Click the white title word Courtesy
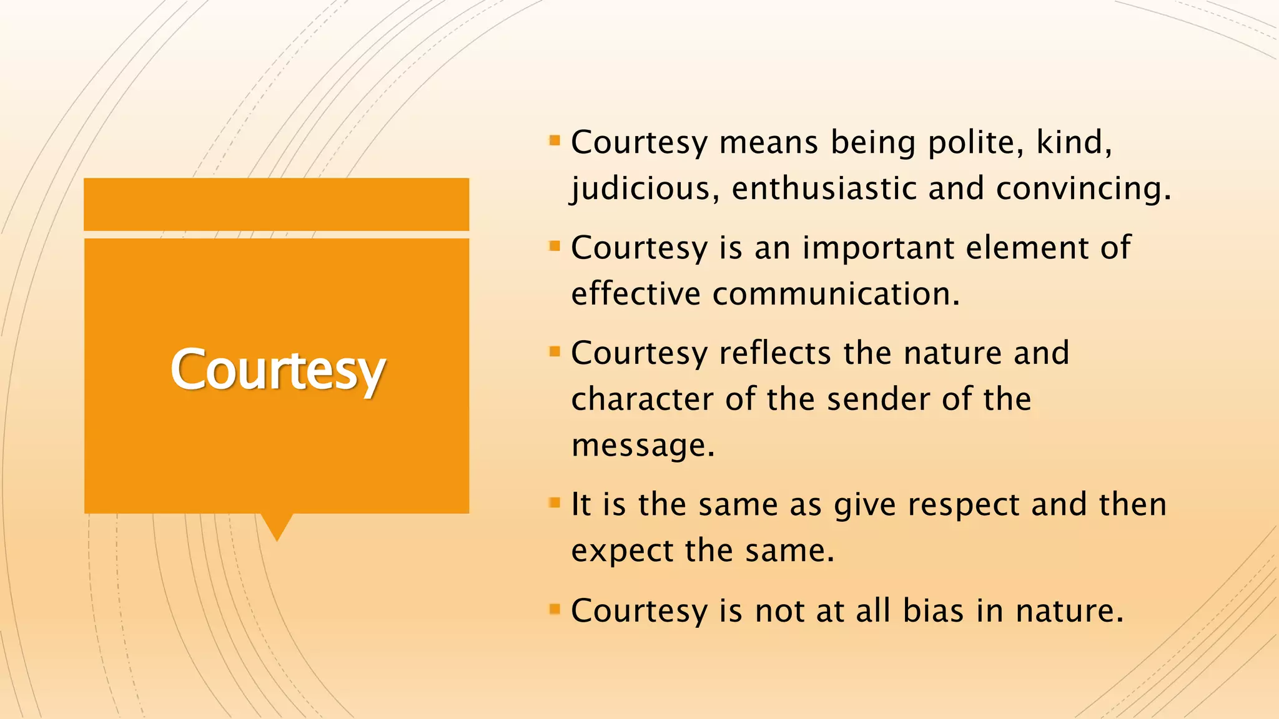tap(278, 369)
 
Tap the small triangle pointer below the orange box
tap(277, 526)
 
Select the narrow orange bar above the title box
tap(277, 204)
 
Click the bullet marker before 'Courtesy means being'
tap(555, 140)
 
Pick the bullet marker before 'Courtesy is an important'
tap(555, 245)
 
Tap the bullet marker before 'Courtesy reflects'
tap(555, 351)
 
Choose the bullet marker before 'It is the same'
tap(555, 502)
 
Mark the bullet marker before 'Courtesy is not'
tap(555, 608)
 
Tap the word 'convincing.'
tap(1084, 188)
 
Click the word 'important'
tap(878, 248)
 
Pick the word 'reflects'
tap(775, 353)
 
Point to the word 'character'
tap(642, 399)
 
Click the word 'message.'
tap(643, 446)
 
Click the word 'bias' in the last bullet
tap(933, 610)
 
